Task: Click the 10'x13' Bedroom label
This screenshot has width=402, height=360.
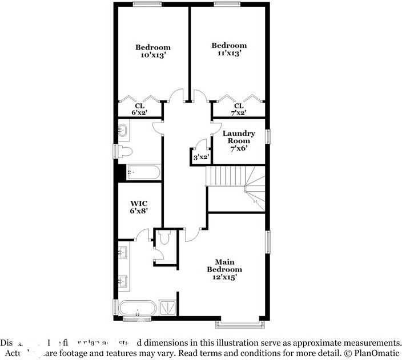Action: point(152,51)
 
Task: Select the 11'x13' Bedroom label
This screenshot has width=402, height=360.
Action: point(229,49)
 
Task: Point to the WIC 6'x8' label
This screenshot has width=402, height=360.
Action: point(139,207)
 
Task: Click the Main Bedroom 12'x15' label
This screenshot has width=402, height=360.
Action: point(224,269)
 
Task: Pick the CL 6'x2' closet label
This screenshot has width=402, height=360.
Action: point(139,109)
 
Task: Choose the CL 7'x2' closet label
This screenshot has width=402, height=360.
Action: point(239,109)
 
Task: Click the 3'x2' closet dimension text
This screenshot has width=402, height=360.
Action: point(200,157)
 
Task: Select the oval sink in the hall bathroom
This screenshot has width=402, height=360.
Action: point(123,131)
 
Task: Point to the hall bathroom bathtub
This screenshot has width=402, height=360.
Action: point(144,171)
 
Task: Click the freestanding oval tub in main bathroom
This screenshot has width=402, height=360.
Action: point(137,308)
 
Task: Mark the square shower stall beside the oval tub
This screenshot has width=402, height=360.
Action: point(167,308)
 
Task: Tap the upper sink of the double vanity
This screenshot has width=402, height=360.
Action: point(123,252)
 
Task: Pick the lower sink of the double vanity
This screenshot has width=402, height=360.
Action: point(123,280)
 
